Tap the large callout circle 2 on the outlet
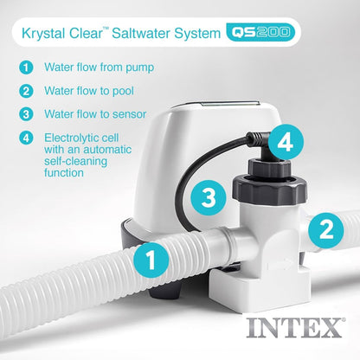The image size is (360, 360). tap(325, 228)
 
